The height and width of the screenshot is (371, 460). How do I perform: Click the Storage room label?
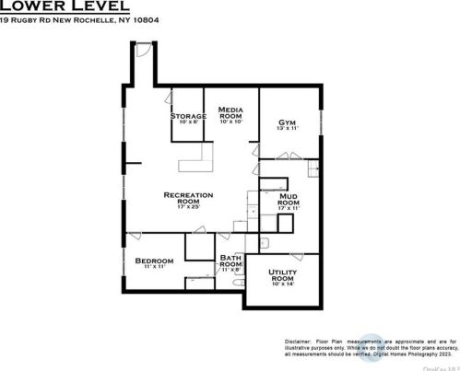point(188,116)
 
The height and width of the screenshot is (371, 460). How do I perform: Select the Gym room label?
point(287,122)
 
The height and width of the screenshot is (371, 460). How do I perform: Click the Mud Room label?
point(288,200)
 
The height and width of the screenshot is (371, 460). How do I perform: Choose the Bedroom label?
point(154,261)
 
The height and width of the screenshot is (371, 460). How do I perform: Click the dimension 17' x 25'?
point(188,207)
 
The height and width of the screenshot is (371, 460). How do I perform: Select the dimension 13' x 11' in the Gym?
point(287,129)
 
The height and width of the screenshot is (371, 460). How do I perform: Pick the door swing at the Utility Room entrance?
point(295,253)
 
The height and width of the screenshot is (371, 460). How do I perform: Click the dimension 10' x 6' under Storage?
point(188,122)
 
